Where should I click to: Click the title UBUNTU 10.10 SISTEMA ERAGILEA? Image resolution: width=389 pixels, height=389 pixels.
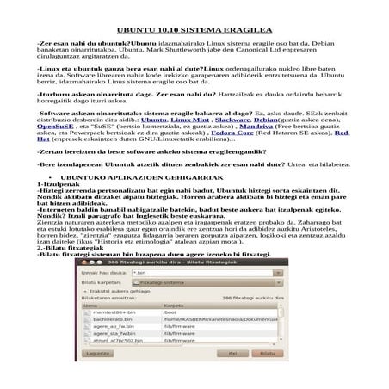(194, 28)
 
